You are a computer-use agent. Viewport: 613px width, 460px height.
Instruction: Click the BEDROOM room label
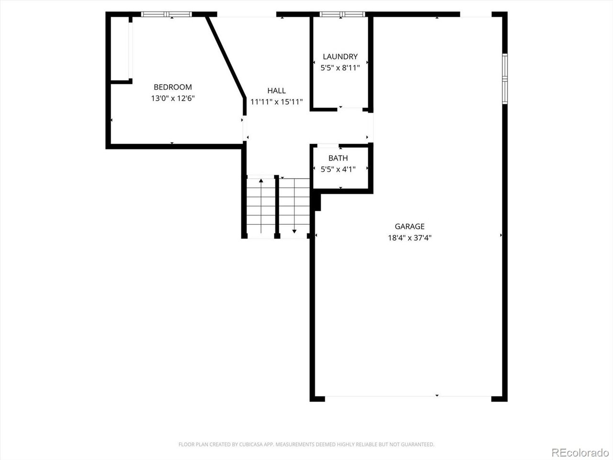pyautogui.click(x=172, y=87)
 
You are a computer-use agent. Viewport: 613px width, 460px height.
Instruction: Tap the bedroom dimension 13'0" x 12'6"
pyautogui.click(x=172, y=98)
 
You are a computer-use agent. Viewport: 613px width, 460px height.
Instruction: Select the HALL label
pyautogui.click(x=276, y=91)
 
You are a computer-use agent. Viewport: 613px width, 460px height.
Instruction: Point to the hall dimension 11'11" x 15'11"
pyautogui.click(x=276, y=102)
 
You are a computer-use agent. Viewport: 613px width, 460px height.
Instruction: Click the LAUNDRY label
pyautogui.click(x=340, y=57)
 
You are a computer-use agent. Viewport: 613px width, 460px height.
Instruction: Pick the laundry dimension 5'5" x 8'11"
pyautogui.click(x=340, y=68)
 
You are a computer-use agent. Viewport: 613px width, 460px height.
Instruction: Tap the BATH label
pyautogui.click(x=338, y=158)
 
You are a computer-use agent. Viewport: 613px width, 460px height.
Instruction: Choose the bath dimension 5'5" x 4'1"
pyautogui.click(x=338, y=169)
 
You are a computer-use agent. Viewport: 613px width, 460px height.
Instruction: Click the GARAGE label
pyautogui.click(x=409, y=226)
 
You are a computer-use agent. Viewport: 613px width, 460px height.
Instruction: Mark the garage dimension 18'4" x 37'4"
pyautogui.click(x=409, y=238)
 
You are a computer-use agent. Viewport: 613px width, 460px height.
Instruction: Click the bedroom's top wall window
pyautogui.click(x=167, y=14)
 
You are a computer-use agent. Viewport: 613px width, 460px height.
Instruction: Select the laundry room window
pyautogui.click(x=342, y=14)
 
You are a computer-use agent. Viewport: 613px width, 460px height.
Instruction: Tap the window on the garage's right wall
pyautogui.click(x=505, y=79)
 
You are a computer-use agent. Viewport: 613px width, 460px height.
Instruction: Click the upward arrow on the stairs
pyautogui.click(x=261, y=206)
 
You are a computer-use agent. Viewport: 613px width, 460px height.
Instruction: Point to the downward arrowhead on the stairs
pyautogui.click(x=294, y=231)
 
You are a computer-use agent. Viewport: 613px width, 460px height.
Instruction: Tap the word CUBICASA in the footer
pyautogui.click(x=250, y=444)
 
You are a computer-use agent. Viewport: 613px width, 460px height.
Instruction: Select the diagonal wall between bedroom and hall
pyautogui.click(x=226, y=57)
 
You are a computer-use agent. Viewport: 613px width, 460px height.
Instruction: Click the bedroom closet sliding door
pyautogui.click(x=130, y=51)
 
